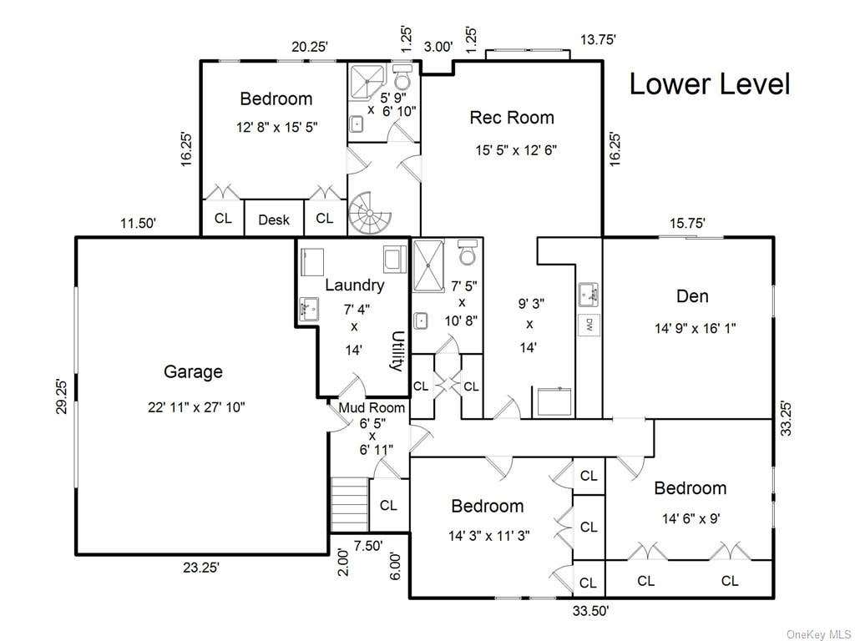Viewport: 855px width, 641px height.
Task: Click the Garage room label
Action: [x=193, y=371]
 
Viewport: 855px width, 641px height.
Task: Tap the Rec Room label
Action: [x=512, y=117]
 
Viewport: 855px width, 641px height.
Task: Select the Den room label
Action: [x=692, y=296]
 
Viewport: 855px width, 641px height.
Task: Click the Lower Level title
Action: [x=710, y=84]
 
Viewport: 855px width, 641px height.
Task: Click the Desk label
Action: [x=274, y=220]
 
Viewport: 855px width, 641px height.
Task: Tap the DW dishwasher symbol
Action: [x=589, y=326]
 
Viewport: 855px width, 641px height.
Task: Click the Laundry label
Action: [x=354, y=285]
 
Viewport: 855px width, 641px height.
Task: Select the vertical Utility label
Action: [x=398, y=351]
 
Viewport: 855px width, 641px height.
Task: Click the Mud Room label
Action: [x=372, y=407]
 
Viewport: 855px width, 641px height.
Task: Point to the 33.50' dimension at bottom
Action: [x=590, y=611]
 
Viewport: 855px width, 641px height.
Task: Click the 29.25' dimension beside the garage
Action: [x=62, y=396]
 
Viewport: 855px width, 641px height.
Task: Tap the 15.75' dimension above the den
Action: [x=688, y=223]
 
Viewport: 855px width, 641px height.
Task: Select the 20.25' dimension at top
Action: [x=309, y=47]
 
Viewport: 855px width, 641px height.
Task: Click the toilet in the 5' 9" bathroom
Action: [x=402, y=78]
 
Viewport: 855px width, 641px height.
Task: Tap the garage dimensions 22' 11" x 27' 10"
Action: [x=196, y=407]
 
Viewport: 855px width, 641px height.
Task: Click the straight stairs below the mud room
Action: [x=350, y=505]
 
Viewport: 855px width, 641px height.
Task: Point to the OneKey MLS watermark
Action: [x=819, y=634]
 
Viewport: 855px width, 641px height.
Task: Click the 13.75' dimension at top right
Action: [x=598, y=39]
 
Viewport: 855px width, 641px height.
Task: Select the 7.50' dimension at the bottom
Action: [x=368, y=546]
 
